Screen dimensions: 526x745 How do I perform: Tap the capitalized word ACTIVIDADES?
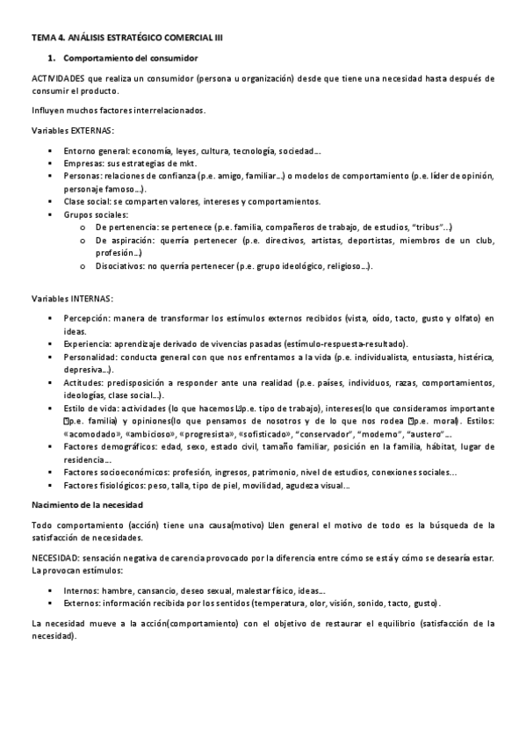tap(61, 80)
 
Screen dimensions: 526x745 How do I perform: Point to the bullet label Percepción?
tap(87, 318)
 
